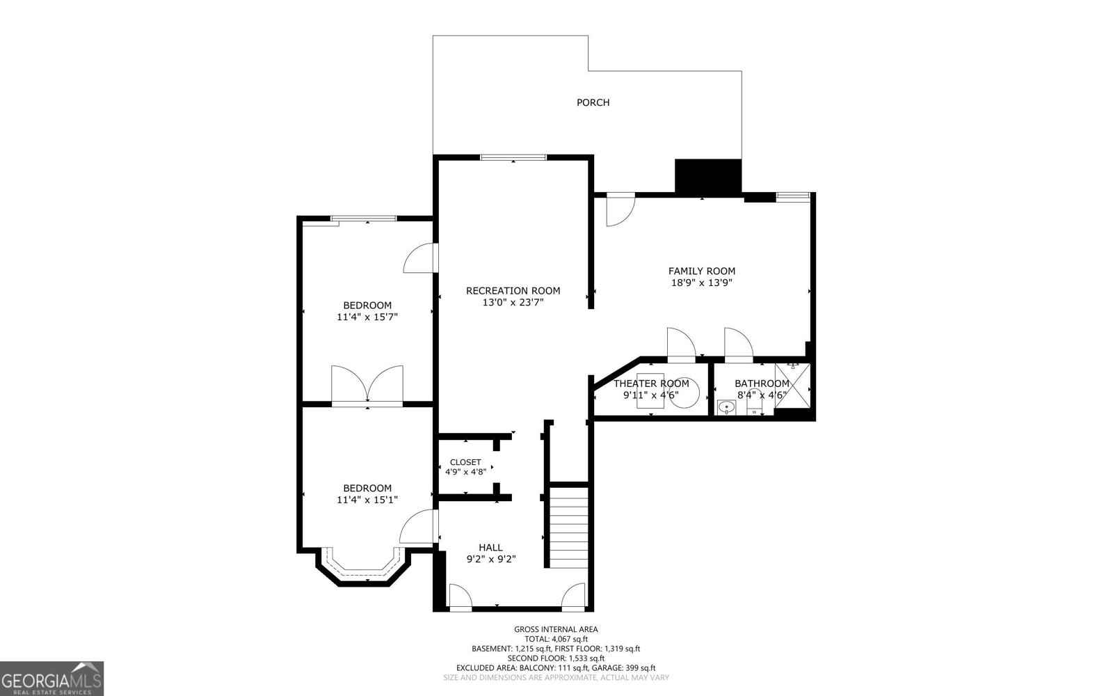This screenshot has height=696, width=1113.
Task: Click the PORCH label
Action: [x=593, y=103]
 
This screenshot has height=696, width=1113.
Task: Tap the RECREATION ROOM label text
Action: [x=513, y=291]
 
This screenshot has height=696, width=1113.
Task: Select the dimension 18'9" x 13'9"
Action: [x=701, y=283]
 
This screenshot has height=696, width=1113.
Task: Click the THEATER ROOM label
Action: [x=651, y=383]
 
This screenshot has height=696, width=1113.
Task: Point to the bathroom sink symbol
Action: [x=726, y=407]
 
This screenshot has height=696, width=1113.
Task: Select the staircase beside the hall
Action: [x=569, y=528]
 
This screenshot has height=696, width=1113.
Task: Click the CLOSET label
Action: [x=465, y=462]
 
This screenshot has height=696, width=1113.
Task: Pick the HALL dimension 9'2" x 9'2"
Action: [x=490, y=559]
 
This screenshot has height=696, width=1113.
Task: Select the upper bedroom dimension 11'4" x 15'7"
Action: [x=367, y=317]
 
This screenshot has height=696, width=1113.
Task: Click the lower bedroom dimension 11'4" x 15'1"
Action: [x=367, y=500]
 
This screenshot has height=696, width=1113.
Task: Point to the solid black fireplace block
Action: [x=708, y=176]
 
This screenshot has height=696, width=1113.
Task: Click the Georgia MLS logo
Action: [x=51, y=678]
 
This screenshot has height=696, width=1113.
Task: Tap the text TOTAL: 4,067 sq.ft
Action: [x=556, y=639]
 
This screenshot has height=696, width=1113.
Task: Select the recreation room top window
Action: [x=513, y=157]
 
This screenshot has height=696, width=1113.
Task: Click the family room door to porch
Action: [x=618, y=210]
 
